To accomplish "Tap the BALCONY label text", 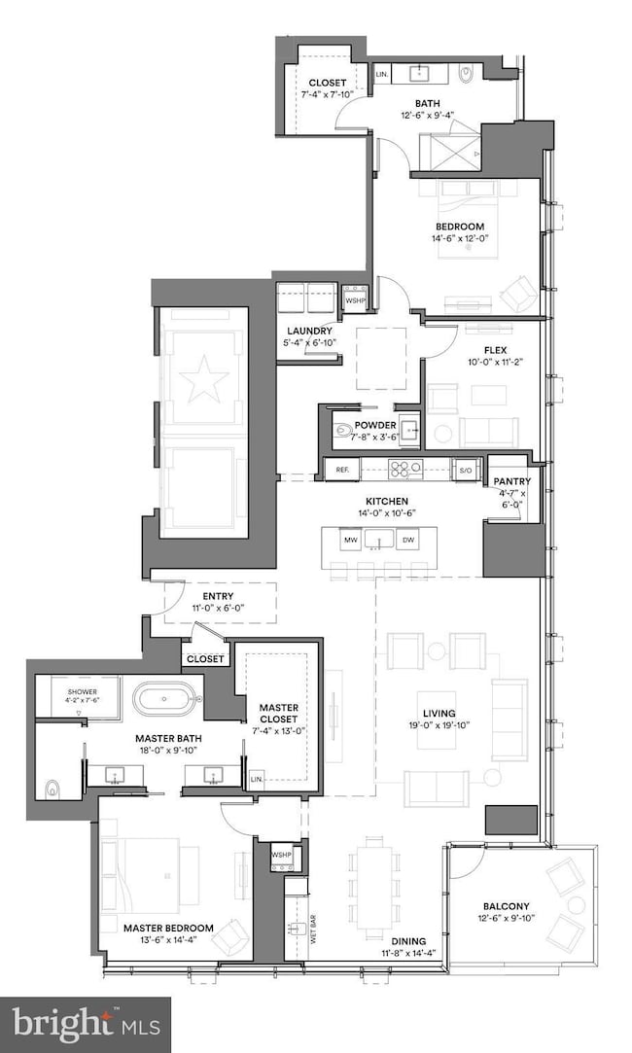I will [x=505, y=906].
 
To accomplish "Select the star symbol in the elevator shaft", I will [x=204, y=381].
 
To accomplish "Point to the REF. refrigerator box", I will [x=342, y=469].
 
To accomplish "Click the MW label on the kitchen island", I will [x=349, y=540].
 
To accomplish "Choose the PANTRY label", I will [x=509, y=480].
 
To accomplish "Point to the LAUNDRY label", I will [x=309, y=331].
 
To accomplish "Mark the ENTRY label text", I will [x=218, y=597].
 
